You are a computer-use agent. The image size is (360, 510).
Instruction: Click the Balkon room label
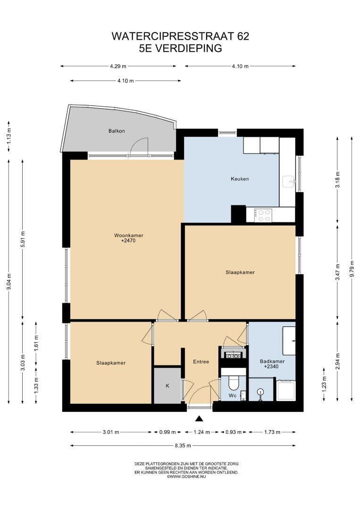117,131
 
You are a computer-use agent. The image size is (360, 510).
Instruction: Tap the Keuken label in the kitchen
240,178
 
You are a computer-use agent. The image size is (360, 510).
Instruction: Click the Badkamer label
272,361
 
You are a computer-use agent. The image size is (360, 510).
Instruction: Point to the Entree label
201,361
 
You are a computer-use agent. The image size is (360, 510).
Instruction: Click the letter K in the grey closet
167,386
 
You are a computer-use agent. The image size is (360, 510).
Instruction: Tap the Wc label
232,396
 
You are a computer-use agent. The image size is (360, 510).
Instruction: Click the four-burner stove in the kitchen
263,215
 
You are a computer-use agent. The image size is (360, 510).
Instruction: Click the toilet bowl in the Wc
234,383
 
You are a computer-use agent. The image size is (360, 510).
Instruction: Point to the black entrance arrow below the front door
199,418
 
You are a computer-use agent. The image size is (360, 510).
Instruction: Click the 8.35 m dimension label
183,446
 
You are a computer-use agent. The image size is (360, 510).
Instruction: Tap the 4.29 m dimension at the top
118,66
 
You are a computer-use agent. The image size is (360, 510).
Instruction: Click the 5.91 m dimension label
23,239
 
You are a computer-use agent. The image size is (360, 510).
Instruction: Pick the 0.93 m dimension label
233,432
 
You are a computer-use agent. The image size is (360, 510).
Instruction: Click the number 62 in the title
243,36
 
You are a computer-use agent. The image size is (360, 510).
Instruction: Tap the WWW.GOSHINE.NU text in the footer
186,476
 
